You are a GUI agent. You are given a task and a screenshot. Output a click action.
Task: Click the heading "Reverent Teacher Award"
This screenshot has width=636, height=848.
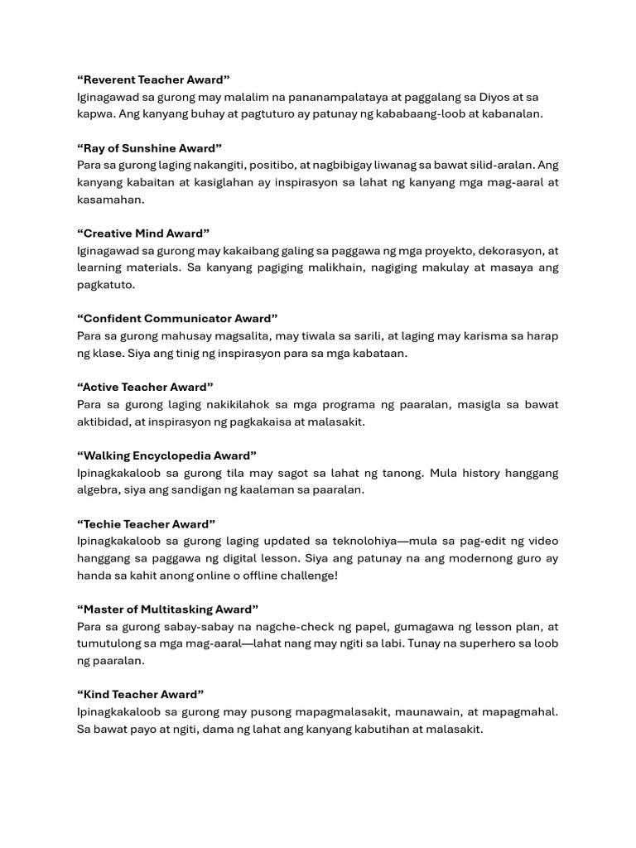point(153,79)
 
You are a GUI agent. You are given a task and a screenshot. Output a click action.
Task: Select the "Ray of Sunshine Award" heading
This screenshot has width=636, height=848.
point(149,148)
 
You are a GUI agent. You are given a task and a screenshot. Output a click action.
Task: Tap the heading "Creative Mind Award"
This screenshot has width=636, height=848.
point(143,234)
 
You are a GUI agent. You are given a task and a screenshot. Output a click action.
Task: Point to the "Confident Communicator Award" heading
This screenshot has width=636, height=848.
point(177,319)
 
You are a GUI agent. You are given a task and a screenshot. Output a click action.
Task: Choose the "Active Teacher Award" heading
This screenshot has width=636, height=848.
point(145,387)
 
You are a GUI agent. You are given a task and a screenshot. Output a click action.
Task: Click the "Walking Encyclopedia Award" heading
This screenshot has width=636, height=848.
point(166,455)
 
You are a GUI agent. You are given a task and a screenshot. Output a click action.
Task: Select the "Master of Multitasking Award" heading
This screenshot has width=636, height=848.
point(167,609)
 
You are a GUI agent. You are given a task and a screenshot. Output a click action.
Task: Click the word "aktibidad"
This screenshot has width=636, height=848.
point(104,422)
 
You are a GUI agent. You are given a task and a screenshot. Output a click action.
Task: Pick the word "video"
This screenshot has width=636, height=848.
point(542,541)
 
